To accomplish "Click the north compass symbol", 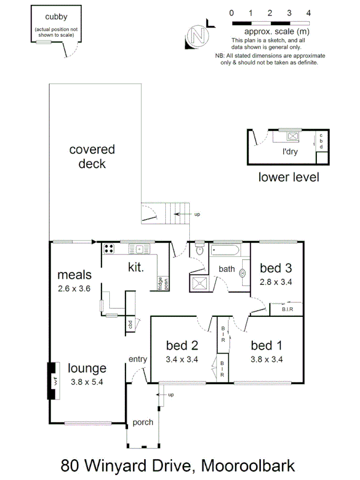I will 198,36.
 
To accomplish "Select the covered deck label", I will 92,156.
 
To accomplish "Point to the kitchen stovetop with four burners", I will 109,248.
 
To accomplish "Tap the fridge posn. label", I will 159,283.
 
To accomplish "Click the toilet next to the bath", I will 200,250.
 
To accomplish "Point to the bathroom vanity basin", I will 243,273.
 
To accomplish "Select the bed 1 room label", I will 266,345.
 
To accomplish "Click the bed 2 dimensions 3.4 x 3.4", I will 182,359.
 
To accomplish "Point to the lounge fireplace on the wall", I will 53,381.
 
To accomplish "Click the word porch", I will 143,422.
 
